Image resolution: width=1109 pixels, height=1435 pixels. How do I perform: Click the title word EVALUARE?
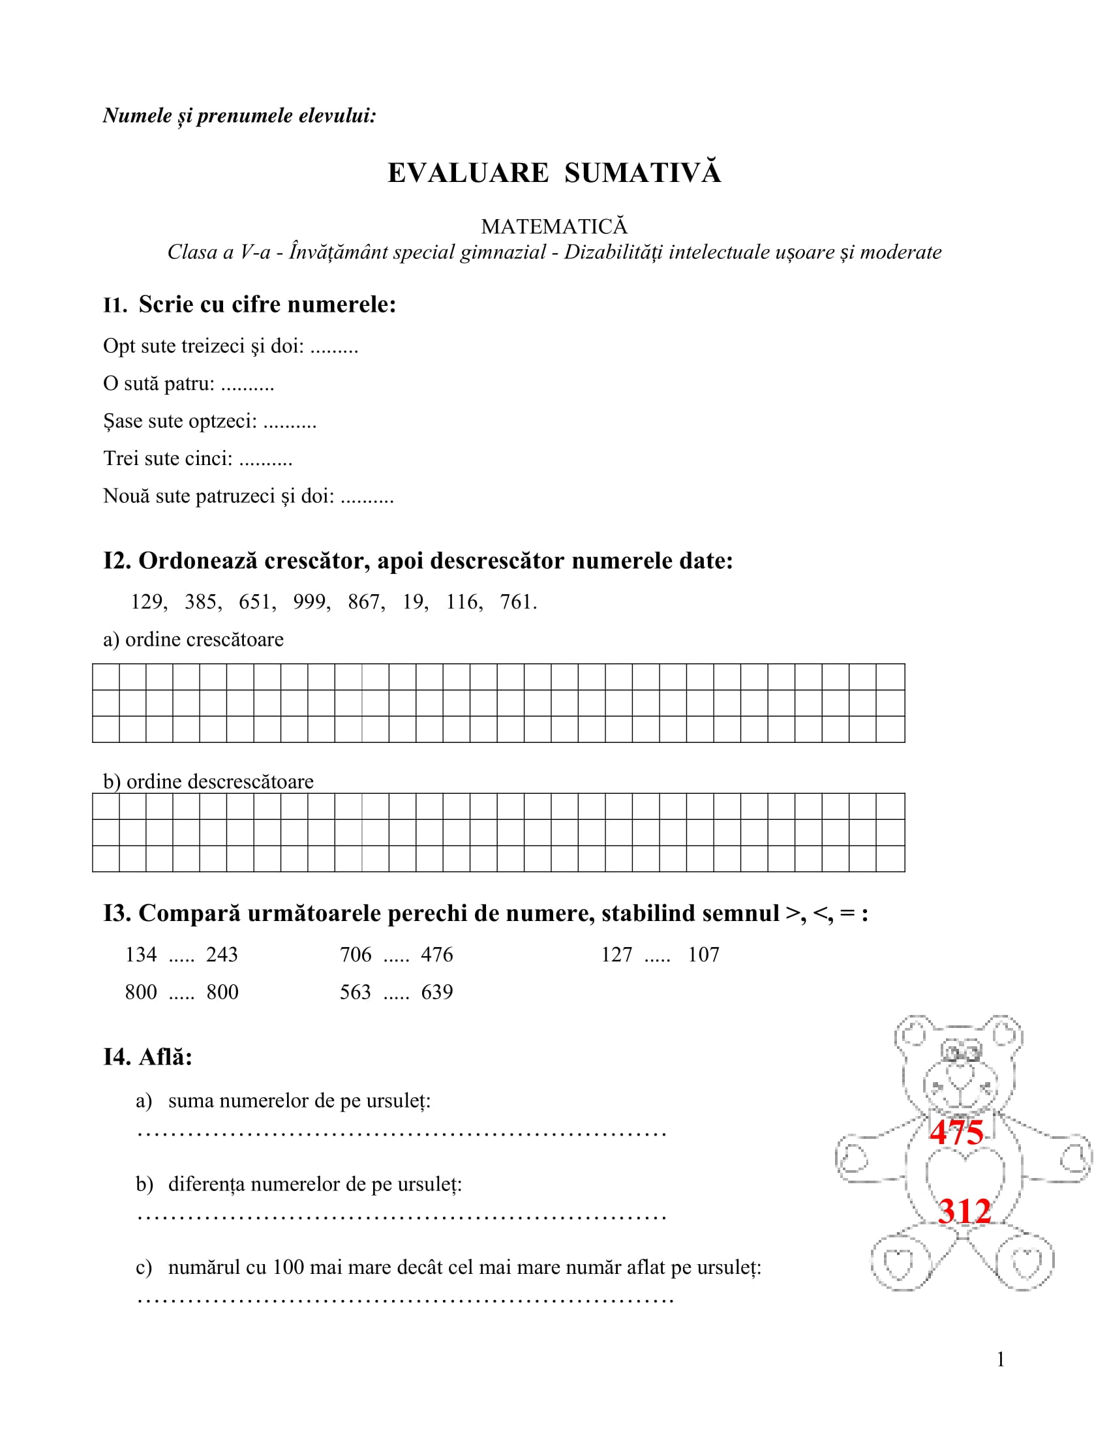click(468, 174)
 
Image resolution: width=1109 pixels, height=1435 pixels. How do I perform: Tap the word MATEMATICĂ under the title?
click(554, 227)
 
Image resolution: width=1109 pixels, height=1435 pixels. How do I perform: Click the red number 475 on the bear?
click(956, 1132)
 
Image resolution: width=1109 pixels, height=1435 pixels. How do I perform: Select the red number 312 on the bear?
click(964, 1211)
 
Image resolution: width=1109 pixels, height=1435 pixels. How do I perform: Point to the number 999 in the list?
click(310, 602)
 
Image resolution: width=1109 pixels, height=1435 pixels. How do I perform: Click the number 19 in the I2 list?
click(414, 602)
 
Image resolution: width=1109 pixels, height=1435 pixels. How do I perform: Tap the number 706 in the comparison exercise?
click(356, 955)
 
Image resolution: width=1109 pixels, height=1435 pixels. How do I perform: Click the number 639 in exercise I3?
click(437, 992)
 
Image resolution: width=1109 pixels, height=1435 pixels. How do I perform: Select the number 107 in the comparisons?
click(703, 955)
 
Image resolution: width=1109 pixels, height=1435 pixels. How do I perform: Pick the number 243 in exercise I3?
click(222, 955)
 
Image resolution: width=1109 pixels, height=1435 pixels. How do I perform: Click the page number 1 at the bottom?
click(1001, 1359)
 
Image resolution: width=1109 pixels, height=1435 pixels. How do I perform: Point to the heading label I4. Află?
click(148, 1057)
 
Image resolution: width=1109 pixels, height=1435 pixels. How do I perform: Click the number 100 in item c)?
click(286, 1267)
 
